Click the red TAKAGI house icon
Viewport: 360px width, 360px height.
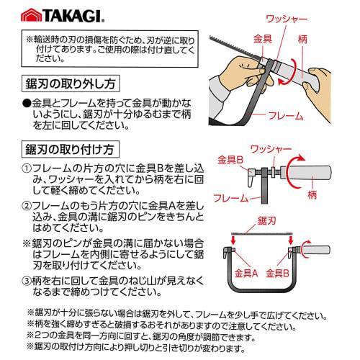(x=30, y=14)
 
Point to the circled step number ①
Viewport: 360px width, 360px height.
(x=26, y=167)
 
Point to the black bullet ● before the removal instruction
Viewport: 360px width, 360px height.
(x=27, y=103)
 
